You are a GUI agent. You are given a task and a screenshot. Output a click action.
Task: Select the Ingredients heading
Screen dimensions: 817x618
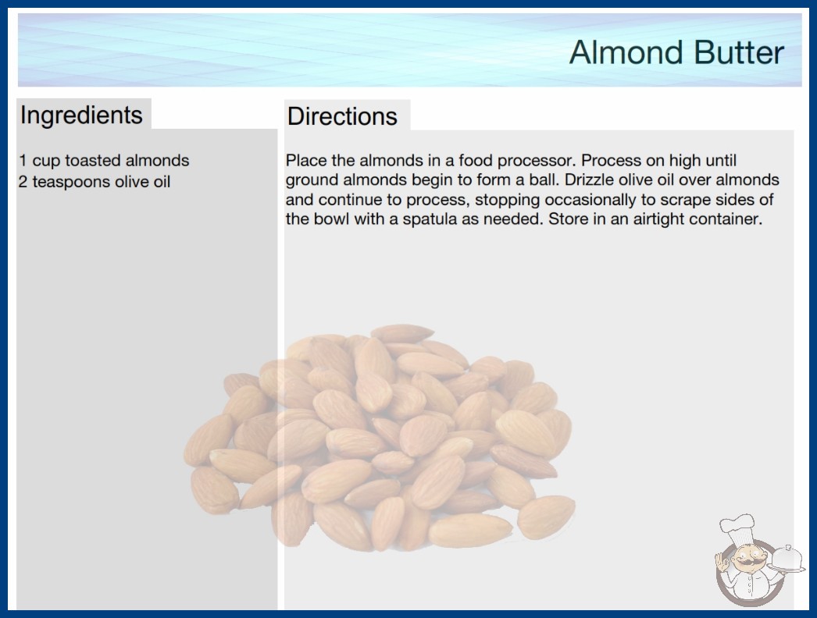(81, 115)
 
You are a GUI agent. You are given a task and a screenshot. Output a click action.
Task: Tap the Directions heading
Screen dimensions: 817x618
(342, 116)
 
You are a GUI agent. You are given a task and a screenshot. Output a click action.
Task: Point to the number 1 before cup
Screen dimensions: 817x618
(23, 161)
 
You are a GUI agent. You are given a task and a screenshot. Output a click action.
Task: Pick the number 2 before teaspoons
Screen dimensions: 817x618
(23, 182)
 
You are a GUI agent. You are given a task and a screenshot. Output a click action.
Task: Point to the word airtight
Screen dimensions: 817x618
(659, 219)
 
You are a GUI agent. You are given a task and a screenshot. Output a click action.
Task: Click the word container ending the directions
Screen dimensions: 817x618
(726, 219)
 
